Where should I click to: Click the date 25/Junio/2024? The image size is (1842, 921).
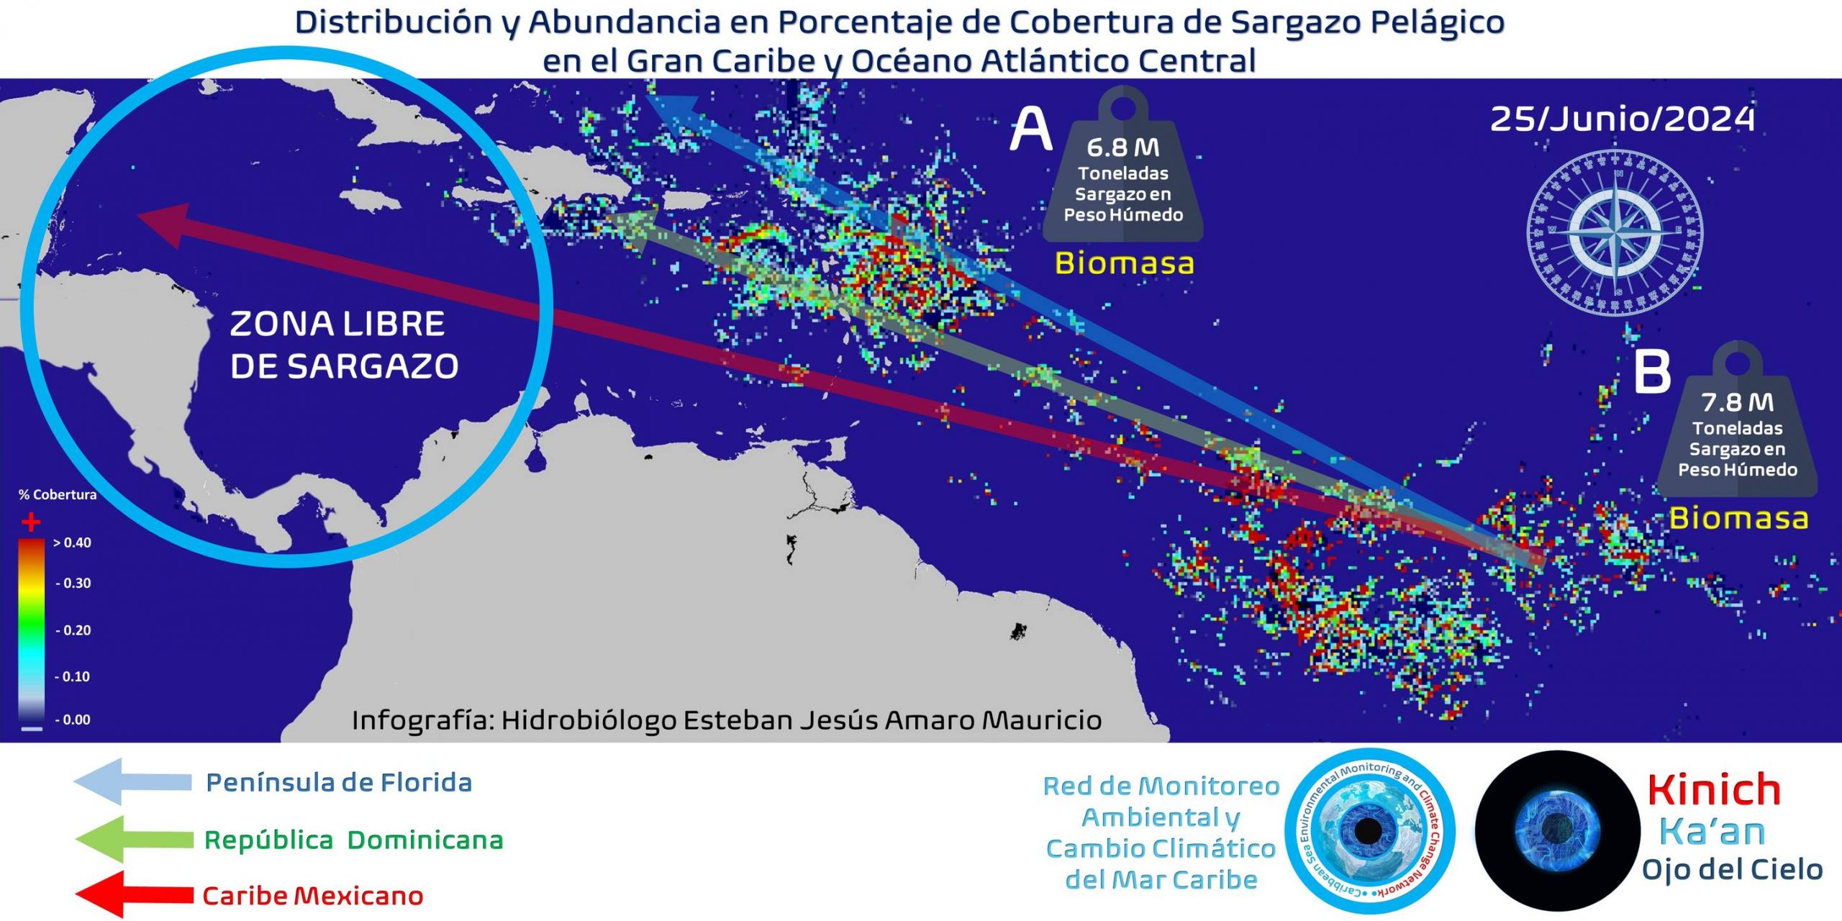1622,119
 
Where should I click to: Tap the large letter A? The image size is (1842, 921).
1030,130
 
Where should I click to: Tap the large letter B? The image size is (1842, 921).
1652,372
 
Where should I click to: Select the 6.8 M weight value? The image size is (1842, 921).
1122,148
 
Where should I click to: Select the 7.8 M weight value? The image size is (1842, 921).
1737,402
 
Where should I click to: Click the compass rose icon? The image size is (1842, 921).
1615,232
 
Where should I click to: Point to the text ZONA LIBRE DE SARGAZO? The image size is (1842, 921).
343,345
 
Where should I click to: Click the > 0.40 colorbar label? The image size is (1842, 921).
73,543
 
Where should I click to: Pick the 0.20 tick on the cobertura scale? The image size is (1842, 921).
74,630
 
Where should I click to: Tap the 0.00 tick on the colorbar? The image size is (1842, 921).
73,720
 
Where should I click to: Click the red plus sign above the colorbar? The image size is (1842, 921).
30,521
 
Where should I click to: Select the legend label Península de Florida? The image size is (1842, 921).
338,783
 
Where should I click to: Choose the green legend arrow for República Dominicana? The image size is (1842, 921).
133,839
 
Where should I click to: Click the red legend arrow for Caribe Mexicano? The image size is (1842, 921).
133,895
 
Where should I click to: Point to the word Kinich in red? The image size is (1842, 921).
1714,790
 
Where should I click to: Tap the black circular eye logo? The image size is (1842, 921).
1557,831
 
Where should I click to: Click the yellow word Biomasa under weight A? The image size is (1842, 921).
1124,263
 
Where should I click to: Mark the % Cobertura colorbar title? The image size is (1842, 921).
58,495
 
